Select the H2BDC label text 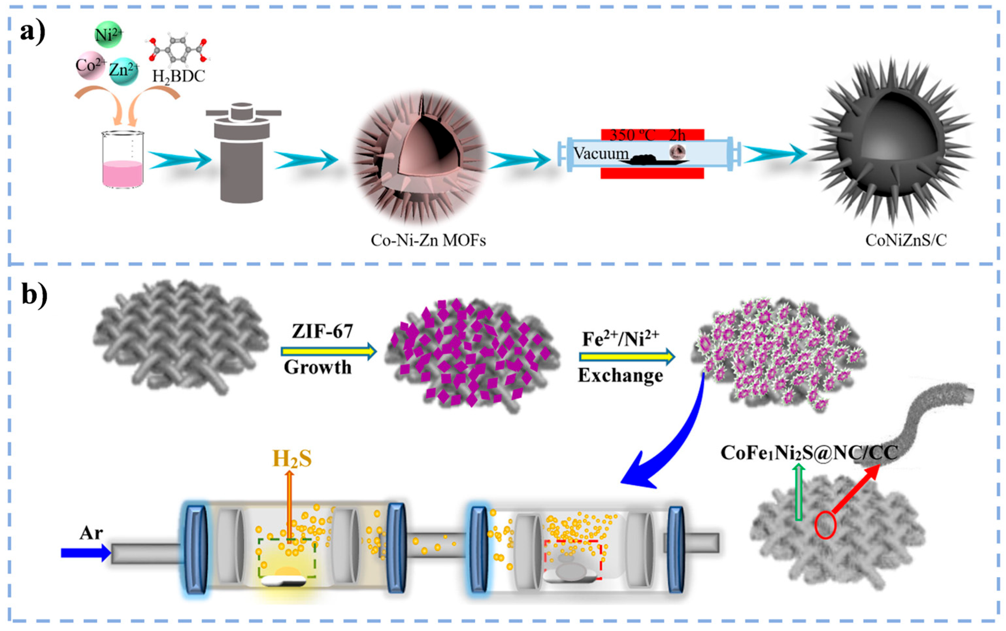pyautogui.click(x=179, y=76)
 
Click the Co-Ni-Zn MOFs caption pyautogui.click(x=428, y=240)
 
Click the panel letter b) pyautogui.click(x=34, y=296)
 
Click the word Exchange pyautogui.click(x=620, y=376)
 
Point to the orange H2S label pyautogui.click(x=292, y=459)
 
